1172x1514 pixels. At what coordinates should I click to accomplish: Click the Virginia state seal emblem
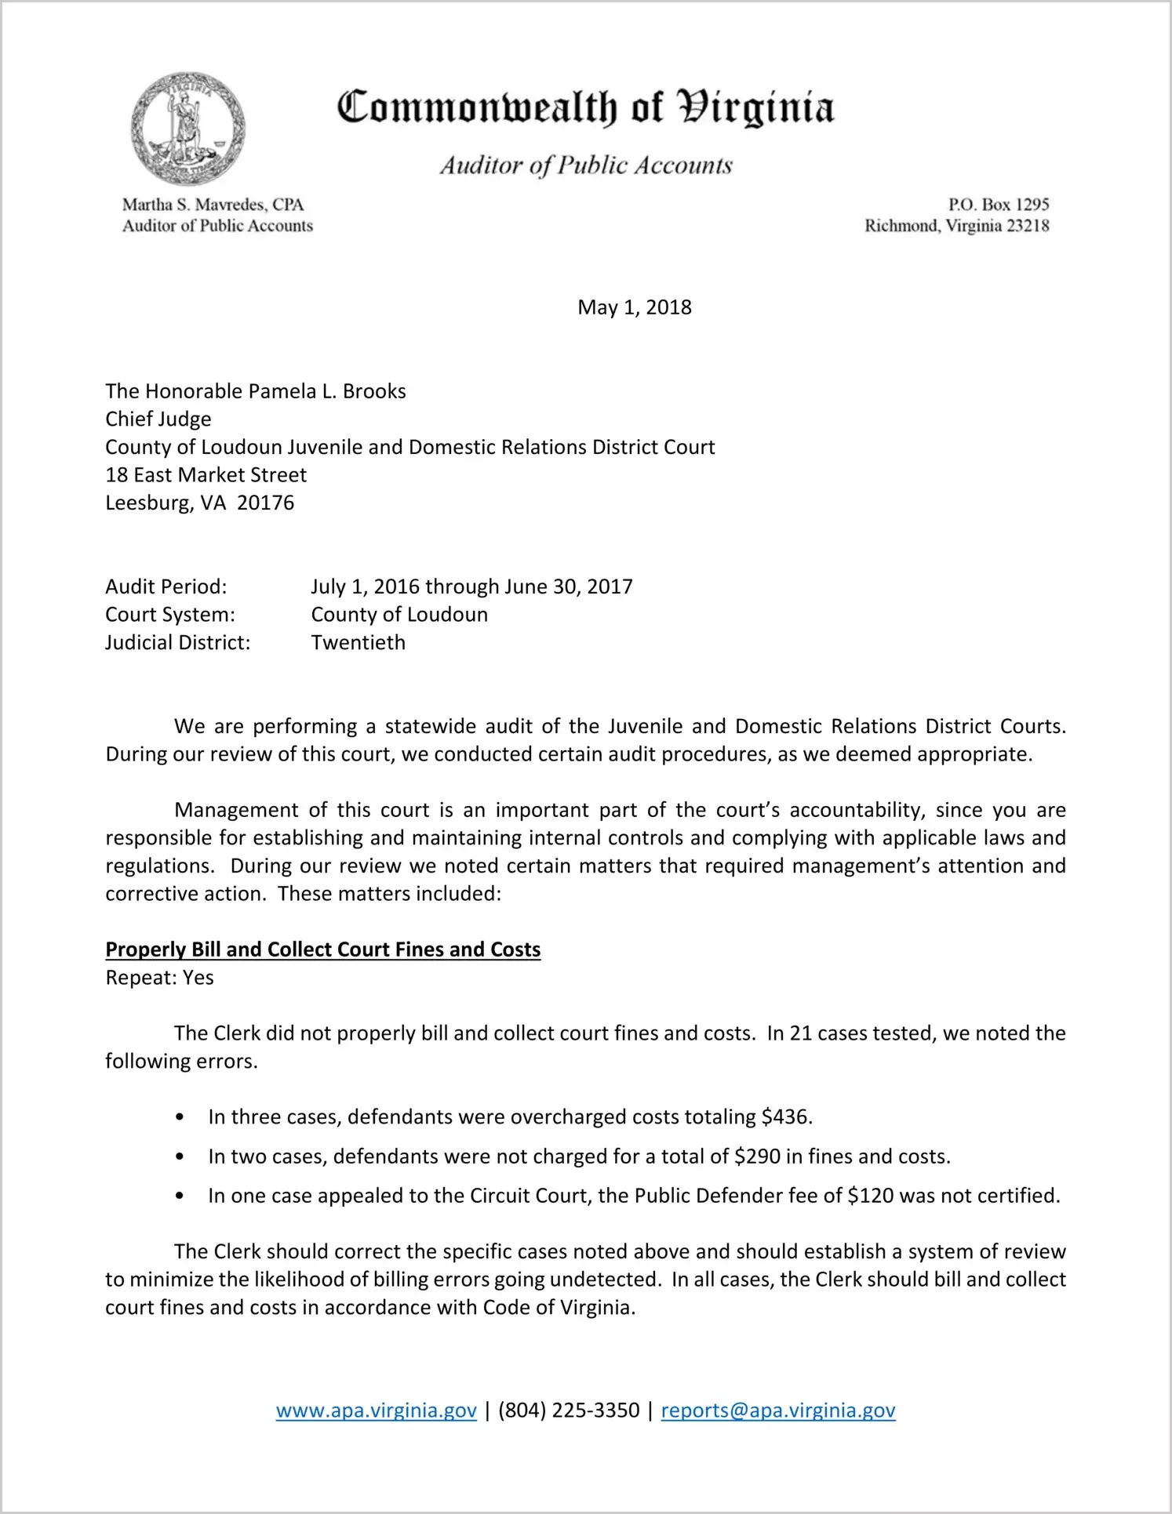click(187, 129)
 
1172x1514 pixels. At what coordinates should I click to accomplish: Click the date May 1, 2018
click(634, 307)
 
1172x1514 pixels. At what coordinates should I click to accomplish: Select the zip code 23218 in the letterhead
click(1028, 226)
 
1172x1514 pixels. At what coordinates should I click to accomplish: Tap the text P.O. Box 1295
click(998, 205)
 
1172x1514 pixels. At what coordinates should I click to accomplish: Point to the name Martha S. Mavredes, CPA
click(213, 205)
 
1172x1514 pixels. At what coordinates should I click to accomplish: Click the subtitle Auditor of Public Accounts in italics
click(585, 165)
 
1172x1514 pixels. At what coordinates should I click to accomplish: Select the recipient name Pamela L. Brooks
click(327, 391)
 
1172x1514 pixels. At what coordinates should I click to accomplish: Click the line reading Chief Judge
click(158, 419)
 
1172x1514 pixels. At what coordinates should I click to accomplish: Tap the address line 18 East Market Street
click(206, 475)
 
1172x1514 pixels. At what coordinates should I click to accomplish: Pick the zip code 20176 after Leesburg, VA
click(265, 503)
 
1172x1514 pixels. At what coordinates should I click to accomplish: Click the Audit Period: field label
click(166, 586)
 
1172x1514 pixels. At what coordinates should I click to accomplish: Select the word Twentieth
click(359, 642)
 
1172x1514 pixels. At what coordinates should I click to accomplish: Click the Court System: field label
click(170, 615)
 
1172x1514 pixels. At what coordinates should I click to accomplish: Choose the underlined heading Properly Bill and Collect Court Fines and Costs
click(323, 949)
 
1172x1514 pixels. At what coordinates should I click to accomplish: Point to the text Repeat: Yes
click(159, 978)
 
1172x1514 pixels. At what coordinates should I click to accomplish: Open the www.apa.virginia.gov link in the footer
click(377, 1411)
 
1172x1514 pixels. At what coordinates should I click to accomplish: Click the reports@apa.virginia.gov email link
click(778, 1411)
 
